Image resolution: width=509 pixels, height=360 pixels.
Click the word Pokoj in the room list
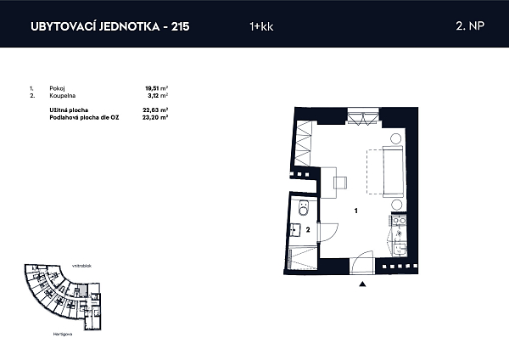(58, 87)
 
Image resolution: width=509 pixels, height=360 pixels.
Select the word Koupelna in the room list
(61, 95)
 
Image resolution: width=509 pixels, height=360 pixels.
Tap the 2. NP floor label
(467, 26)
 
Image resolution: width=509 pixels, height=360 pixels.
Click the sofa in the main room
(392, 169)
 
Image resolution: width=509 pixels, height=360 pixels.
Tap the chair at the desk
(340, 180)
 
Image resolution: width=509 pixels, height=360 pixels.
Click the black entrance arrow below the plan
(362, 284)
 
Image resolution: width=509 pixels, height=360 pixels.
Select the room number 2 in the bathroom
(308, 229)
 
